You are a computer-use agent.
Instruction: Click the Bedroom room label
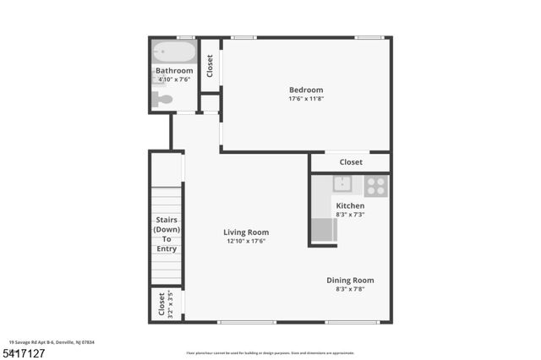pos(306,90)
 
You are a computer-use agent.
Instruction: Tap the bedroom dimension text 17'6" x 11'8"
pos(306,100)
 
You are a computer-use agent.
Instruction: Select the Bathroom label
pos(174,71)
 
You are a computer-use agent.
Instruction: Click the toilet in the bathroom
pos(162,100)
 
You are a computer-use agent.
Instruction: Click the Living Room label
pos(246,232)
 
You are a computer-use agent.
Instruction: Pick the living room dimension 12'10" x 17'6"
pos(246,242)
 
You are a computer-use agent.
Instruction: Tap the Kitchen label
pos(350,206)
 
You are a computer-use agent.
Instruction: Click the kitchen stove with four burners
pos(376,185)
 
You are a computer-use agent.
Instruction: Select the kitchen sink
pos(343,184)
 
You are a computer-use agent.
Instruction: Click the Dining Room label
pos(350,281)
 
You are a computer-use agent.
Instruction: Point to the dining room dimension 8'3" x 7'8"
pos(350,290)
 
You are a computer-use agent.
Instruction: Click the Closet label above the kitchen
pos(351,162)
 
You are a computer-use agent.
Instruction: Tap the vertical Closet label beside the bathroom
pos(210,66)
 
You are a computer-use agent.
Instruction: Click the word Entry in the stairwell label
pos(167,248)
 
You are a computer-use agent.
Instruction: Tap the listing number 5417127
pos(23,352)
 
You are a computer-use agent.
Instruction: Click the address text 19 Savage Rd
pos(25,341)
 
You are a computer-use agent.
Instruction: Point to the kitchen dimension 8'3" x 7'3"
pos(350,215)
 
